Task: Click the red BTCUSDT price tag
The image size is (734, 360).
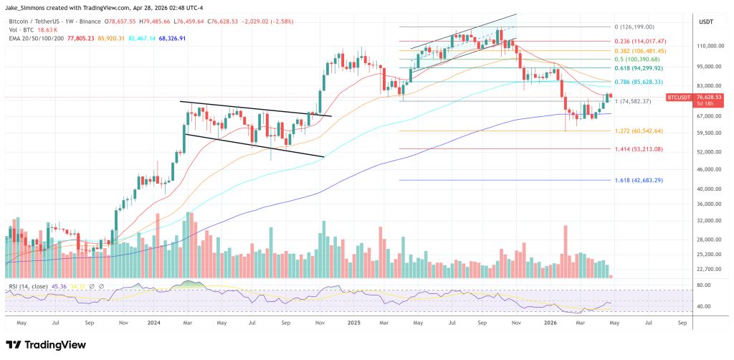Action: tap(682, 97)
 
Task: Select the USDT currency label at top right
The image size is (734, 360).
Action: tap(706, 22)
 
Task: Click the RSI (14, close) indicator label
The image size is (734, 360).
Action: tap(29, 286)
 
